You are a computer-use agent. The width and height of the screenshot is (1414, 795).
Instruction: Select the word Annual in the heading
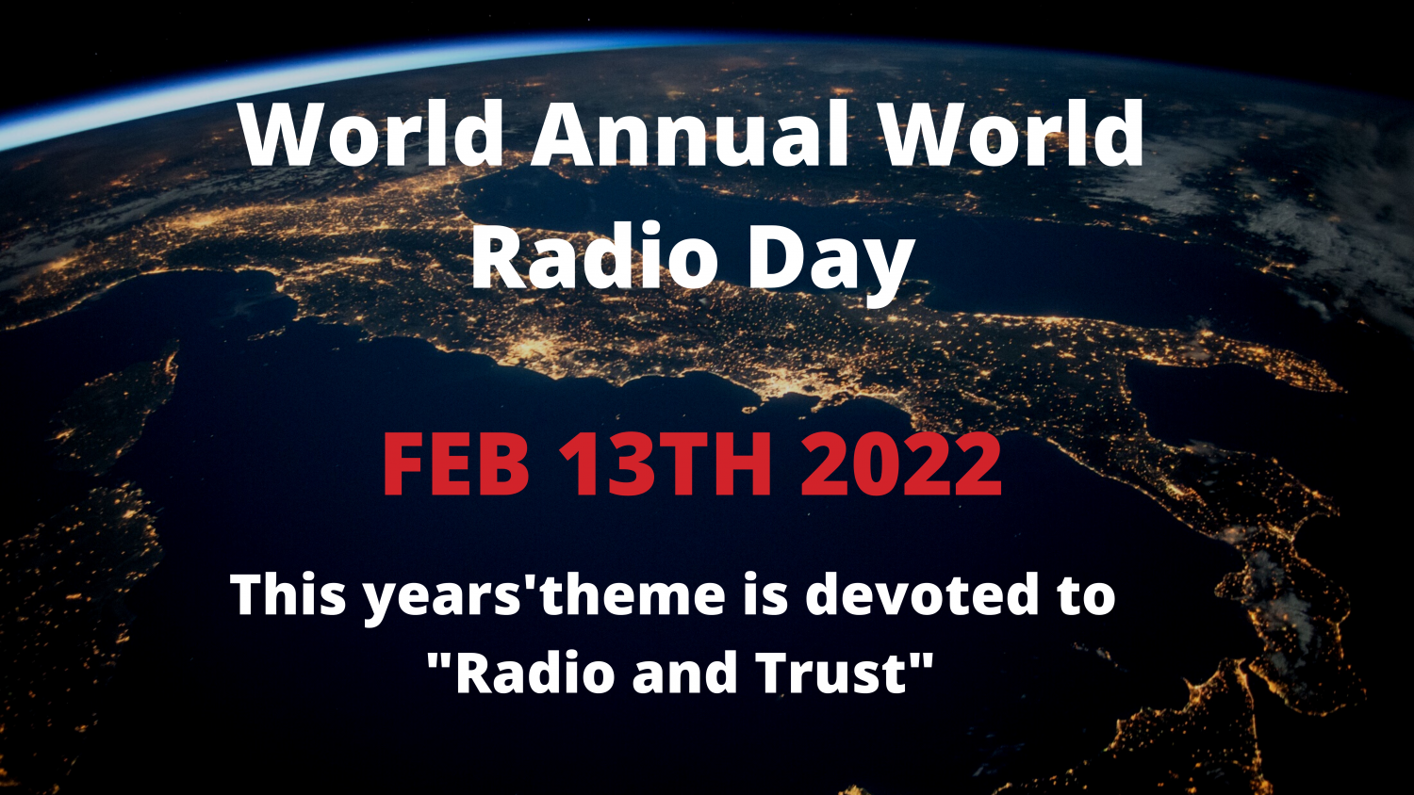(x=691, y=134)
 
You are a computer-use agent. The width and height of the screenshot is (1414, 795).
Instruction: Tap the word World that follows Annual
(x=1012, y=134)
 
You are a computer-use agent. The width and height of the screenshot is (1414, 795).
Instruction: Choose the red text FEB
(x=456, y=465)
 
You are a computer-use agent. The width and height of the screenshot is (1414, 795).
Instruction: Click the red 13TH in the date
(x=666, y=465)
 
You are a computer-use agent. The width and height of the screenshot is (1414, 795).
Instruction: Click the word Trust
(x=830, y=673)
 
